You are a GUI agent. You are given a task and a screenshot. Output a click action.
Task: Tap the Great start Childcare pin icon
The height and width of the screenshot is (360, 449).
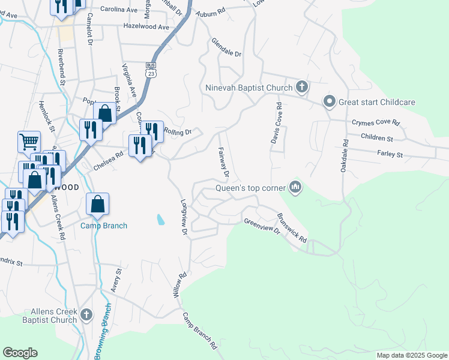(329, 102)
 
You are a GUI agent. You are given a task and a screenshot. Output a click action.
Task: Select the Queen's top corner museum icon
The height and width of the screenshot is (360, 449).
(295, 188)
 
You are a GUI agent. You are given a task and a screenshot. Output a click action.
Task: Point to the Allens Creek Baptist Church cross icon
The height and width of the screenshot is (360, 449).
(86, 314)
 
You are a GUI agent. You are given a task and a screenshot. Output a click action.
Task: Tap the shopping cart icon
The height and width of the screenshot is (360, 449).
(29, 142)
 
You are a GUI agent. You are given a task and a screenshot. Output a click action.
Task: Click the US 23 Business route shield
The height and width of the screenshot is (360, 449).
(151, 69)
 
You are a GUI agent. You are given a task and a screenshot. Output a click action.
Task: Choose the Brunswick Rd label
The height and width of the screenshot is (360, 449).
(292, 227)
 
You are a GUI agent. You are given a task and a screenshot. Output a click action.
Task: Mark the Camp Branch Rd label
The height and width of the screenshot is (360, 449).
(200, 331)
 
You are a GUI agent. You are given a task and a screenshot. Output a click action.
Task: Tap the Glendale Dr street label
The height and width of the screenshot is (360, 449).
(226, 48)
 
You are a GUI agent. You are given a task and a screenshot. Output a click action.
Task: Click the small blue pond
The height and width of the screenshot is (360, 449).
(160, 220)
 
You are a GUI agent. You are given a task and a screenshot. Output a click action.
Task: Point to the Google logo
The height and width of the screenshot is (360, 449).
(20, 353)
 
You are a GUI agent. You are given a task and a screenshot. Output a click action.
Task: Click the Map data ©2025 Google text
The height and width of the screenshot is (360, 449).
(411, 355)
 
